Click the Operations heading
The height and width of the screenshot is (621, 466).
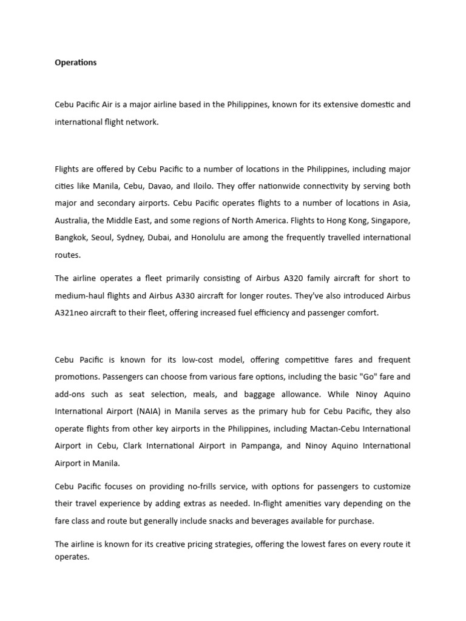(x=76, y=62)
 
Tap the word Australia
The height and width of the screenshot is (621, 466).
(x=75, y=220)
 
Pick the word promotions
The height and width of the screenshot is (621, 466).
(x=76, y=377)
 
